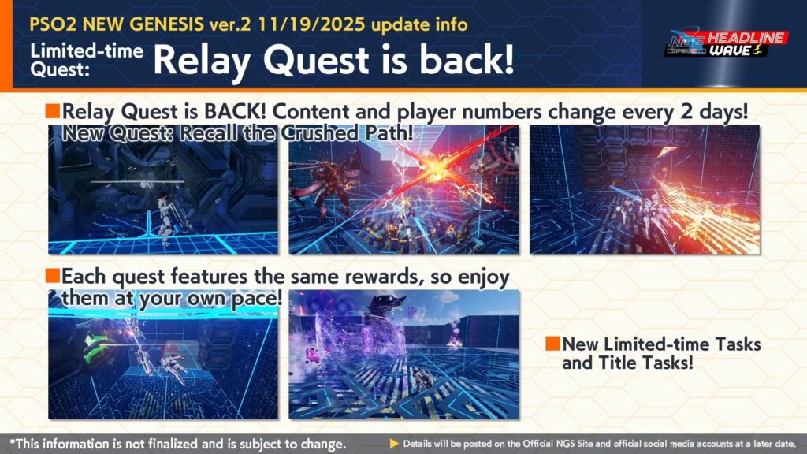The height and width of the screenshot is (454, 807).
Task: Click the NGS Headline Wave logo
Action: pos(726,44)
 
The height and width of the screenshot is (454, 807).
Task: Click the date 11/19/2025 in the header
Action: pos(312,24)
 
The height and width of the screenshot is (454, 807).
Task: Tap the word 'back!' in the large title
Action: pos(467,59)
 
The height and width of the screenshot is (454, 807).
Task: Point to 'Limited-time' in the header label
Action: pos(87,51)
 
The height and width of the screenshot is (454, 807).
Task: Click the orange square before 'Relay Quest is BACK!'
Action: pos(53,111)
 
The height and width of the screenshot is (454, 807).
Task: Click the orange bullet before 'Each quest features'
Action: pos(53,276)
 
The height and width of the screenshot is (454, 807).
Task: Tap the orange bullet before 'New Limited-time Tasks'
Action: pos(552,344)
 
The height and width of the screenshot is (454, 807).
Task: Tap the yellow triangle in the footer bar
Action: pos(394,443)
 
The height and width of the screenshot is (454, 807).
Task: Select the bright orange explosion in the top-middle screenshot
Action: pos(435,167)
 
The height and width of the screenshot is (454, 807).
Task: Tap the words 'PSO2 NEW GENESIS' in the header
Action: pos(117,24)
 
